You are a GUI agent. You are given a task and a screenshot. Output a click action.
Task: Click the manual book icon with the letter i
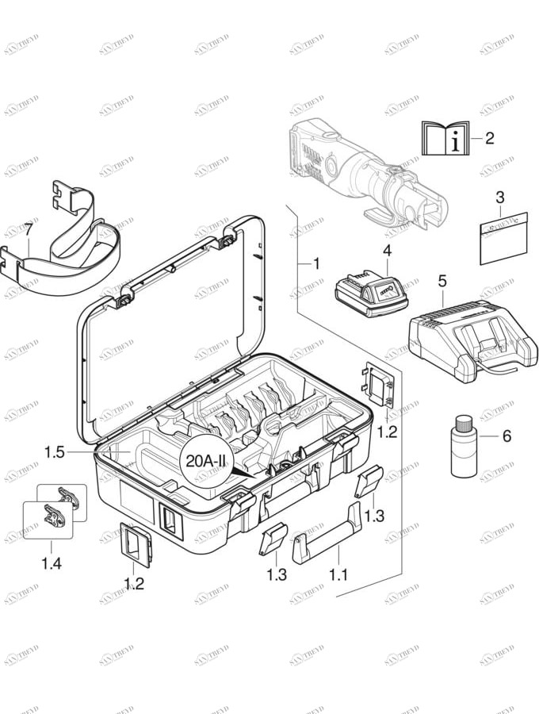[445, 139]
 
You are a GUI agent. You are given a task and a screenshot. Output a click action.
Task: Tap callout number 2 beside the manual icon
[489, 139]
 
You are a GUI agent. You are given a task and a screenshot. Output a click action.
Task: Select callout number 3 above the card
[499, 197]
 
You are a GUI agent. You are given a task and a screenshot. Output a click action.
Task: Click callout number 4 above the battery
[388, 251]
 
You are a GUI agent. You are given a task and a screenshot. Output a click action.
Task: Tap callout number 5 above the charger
[442, 280]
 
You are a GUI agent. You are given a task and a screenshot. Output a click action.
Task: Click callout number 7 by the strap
[29, 229]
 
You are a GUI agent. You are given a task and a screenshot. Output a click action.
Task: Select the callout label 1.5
[55, 452]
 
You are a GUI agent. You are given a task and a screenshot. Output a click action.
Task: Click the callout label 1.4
[50, 564]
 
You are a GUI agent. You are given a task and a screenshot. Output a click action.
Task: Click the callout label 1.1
[338, 574]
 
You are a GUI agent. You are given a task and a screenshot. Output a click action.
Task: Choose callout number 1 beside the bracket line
[315, 263]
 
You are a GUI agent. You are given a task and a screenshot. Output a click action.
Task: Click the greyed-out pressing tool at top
[357, 171]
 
